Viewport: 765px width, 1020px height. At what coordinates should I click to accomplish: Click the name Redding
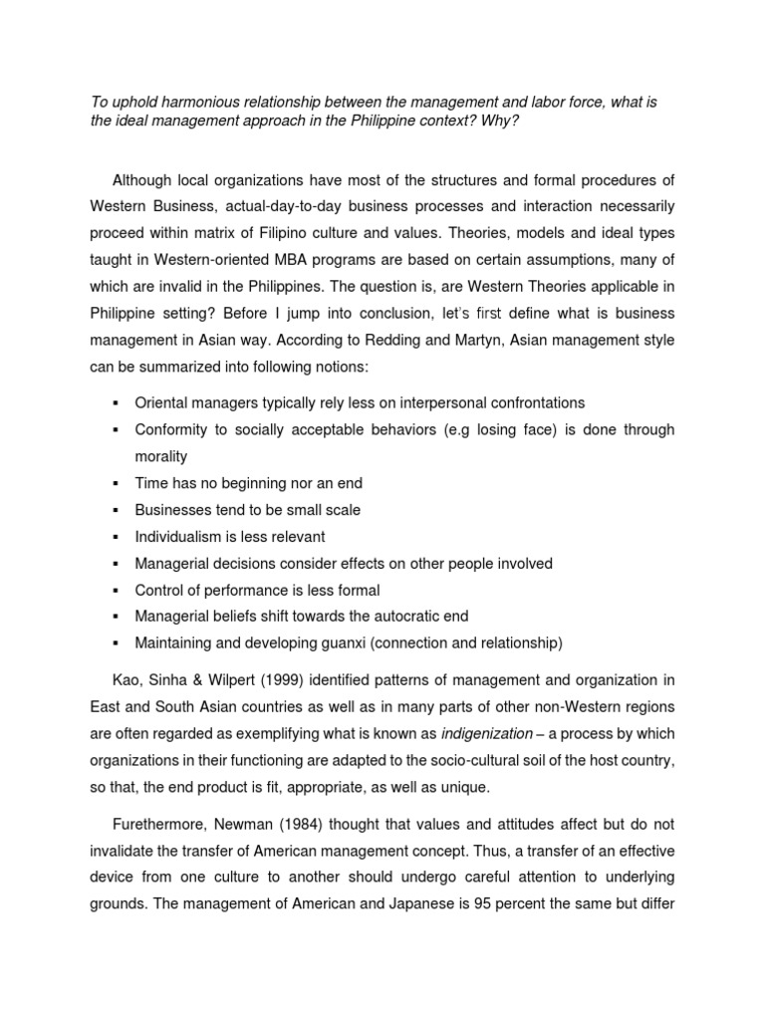[489, 341]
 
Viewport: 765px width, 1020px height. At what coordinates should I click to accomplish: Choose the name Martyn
[575, 341]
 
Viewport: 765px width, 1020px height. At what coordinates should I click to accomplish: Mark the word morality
[161, 456]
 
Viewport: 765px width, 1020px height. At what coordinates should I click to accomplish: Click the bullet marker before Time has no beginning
[117, 483]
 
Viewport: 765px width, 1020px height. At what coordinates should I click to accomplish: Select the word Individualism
[179, 537]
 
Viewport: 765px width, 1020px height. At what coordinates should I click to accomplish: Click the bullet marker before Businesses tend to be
[117, 510]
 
